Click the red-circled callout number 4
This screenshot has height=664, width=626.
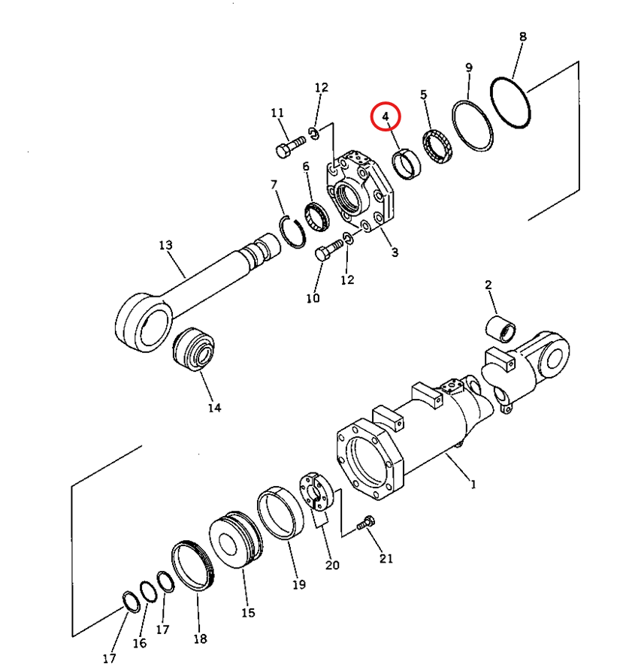(386, 116)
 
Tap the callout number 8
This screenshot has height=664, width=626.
(522, 37)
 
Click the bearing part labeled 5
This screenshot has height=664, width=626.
(438, 147)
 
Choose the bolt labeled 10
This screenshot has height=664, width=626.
(328, 250)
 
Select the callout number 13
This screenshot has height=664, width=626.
(165, 245)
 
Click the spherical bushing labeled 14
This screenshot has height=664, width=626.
(194, 349)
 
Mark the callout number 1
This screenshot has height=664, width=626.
(473, 484)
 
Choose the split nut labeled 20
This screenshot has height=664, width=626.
(317, 492)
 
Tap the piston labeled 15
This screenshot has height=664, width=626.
(235, 540)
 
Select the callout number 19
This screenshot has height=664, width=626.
(299, 585)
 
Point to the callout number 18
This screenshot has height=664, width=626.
(201, 639)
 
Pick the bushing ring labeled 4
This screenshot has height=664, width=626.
(407, 164)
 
